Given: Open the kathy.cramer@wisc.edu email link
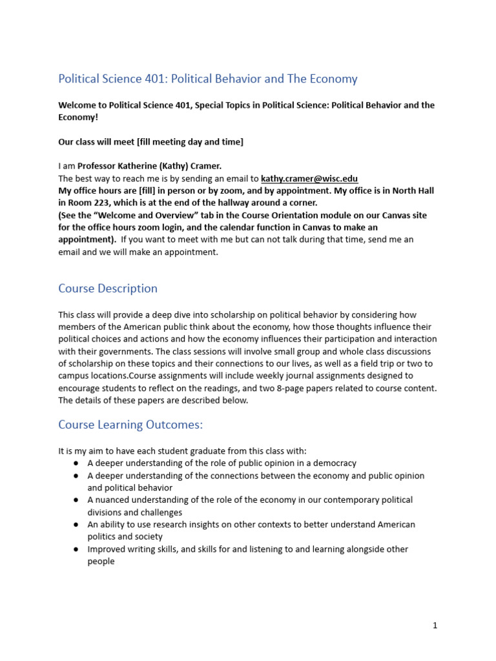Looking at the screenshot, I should [309, 179].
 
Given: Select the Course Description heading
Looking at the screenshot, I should [108, 289].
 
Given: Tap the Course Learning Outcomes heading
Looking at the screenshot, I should [130, 424].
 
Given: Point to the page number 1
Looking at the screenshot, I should [435, 625].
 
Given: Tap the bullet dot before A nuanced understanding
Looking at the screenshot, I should [76, 500].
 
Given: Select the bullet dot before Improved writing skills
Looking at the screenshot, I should [76, 549].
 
